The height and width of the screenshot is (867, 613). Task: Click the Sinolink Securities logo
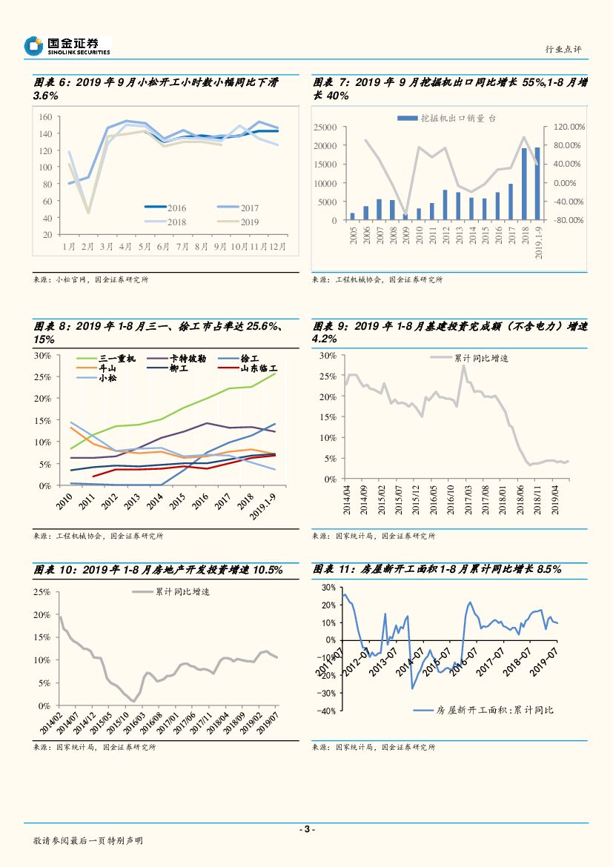click(67, 46)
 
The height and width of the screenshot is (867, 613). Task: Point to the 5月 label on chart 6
click(145, 245)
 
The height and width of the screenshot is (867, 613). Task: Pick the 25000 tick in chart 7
click(325, 127)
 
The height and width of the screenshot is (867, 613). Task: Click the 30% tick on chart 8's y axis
click(42, 356)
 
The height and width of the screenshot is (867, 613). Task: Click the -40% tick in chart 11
click(326, 711)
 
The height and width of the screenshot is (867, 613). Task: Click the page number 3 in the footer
click(306, 829)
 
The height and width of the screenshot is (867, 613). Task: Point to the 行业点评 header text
click(563, 49)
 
